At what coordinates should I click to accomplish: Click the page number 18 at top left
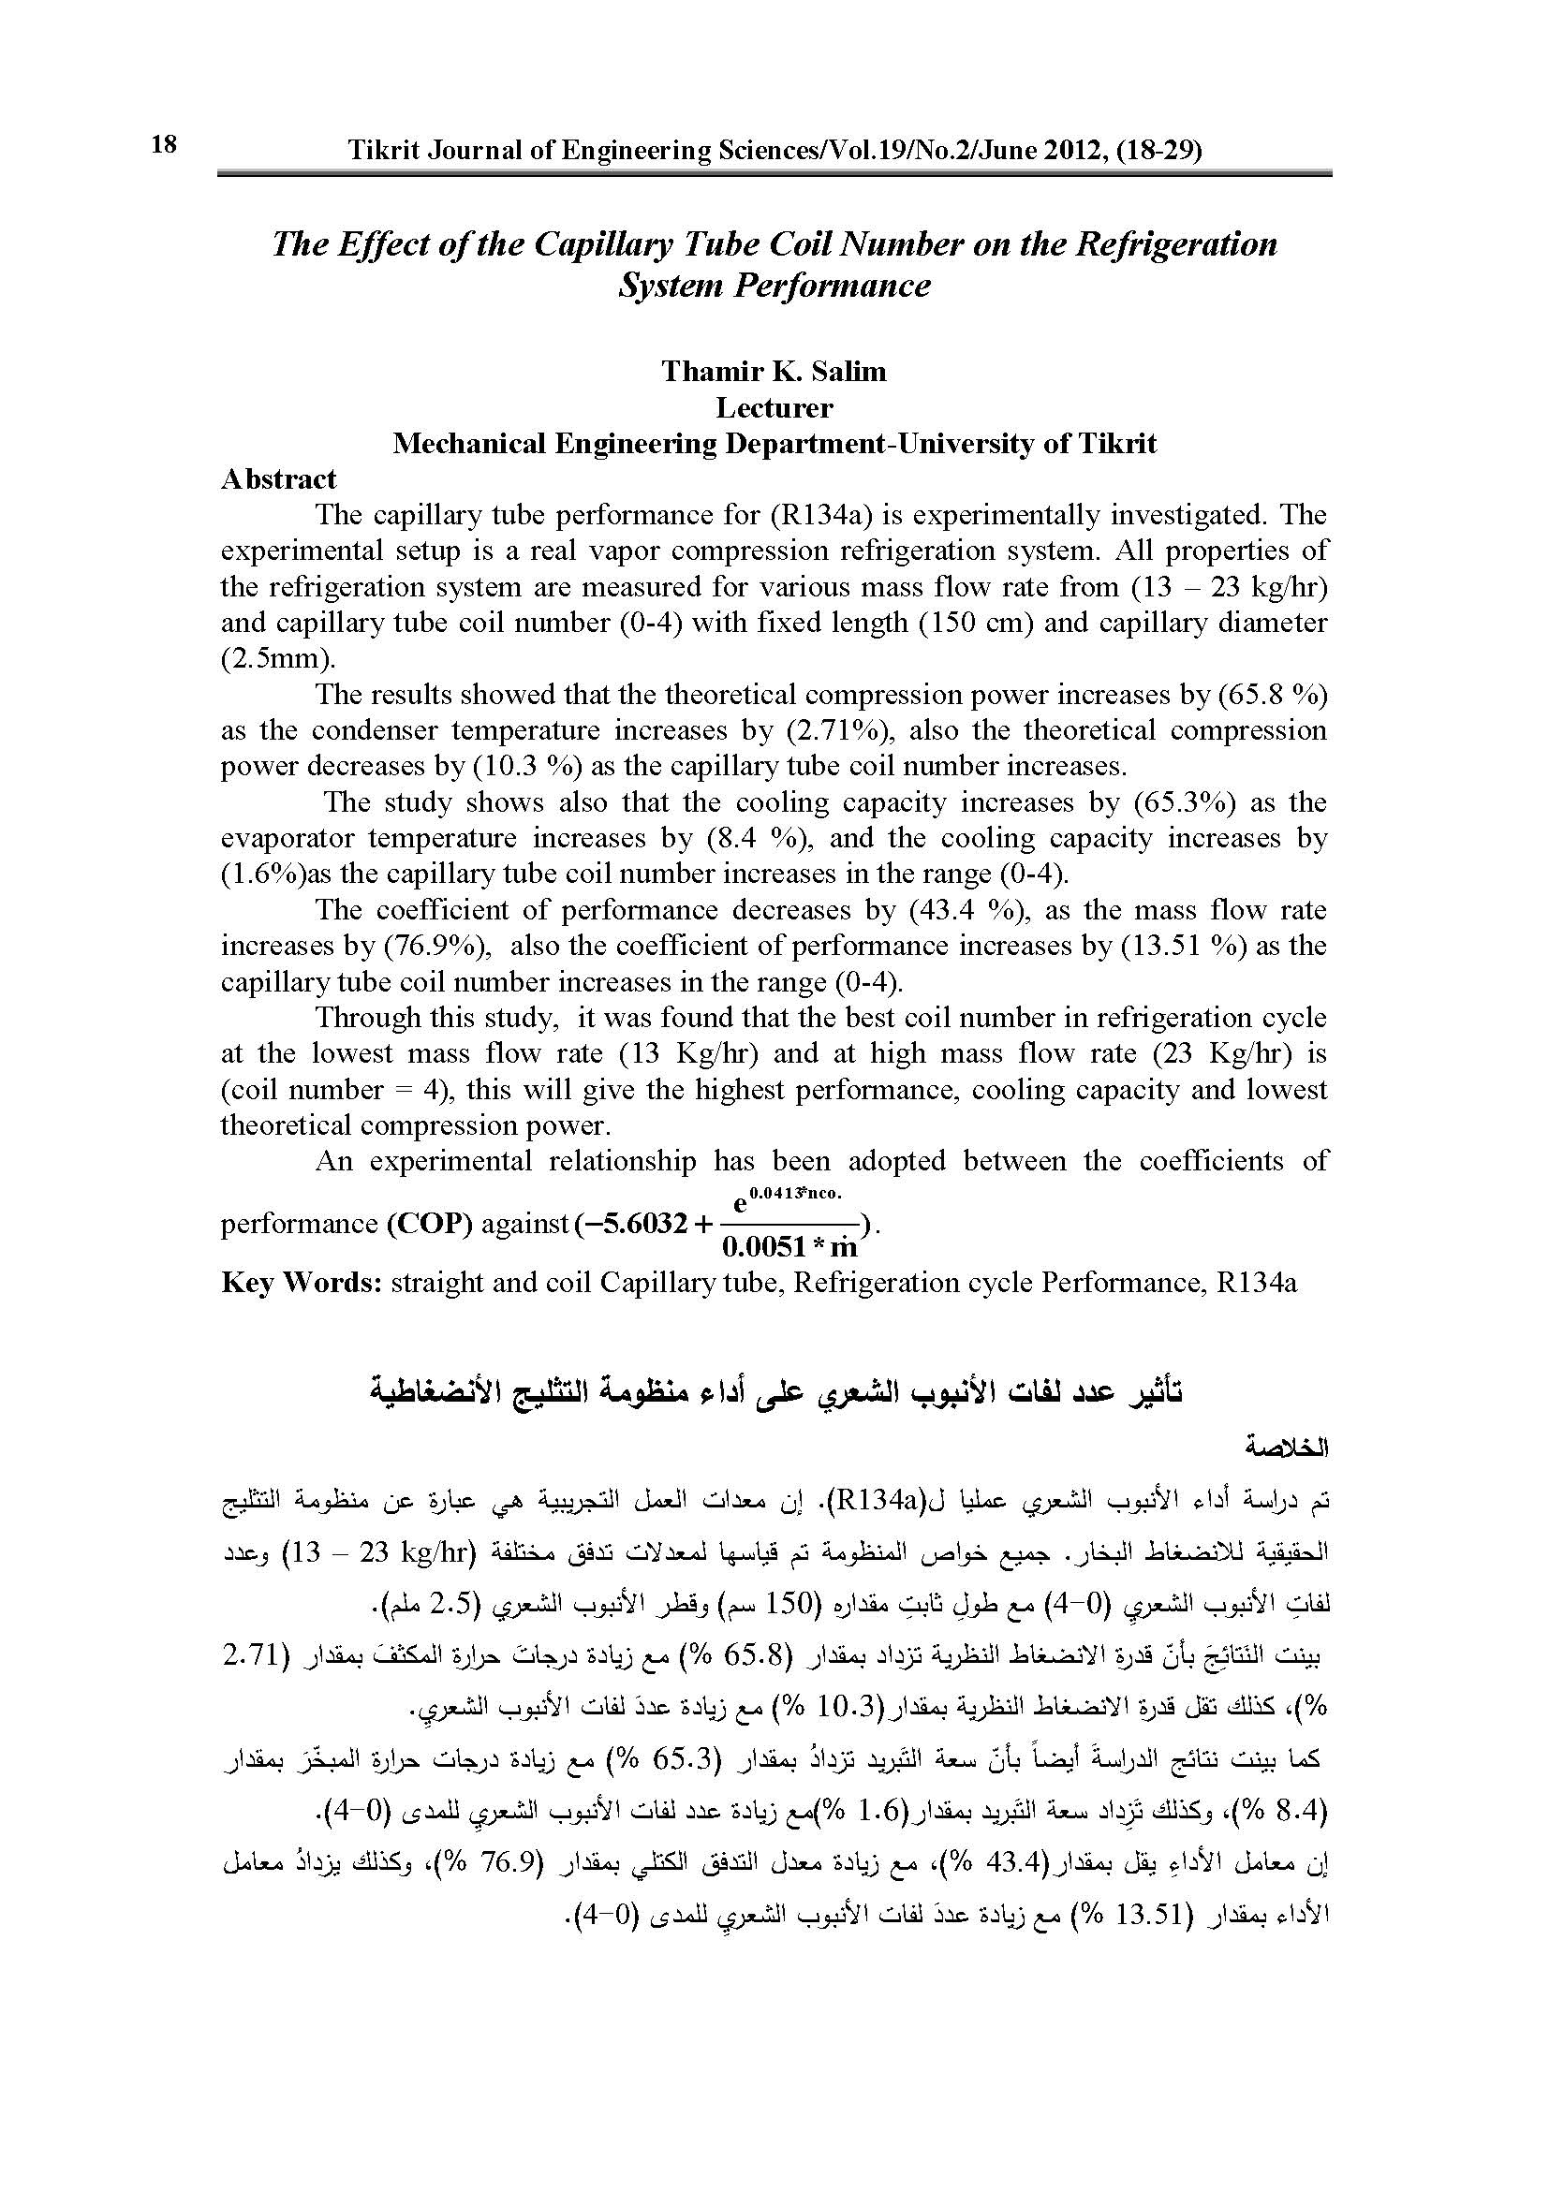[x=163, y=144]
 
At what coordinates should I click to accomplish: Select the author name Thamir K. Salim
[x=774, y=371]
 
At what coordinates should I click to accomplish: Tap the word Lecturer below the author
[x=774, y=407]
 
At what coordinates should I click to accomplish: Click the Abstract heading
[x=278, y=478]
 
